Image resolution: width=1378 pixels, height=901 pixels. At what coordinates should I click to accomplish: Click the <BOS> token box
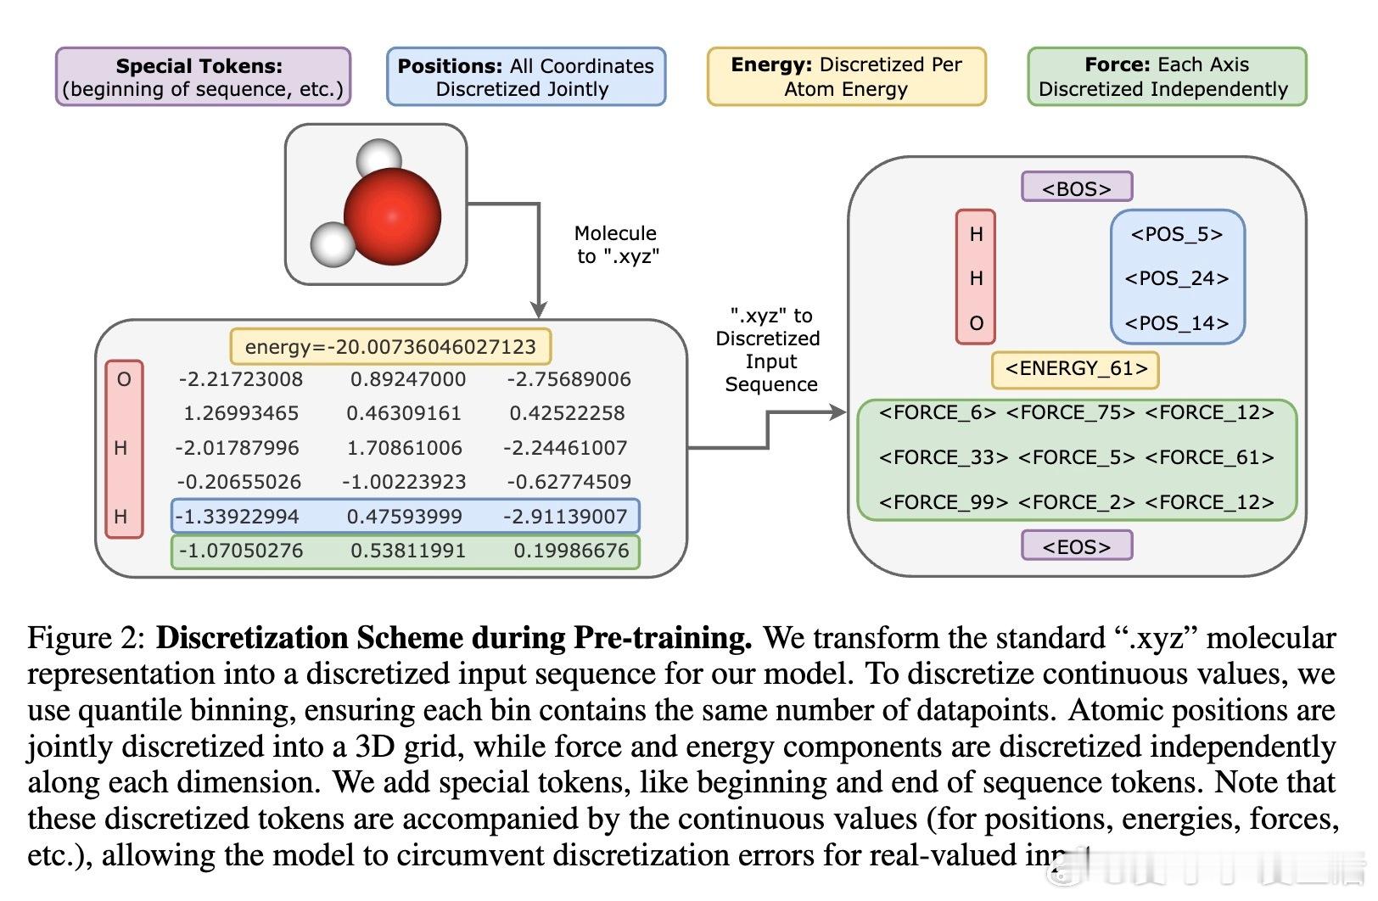tap(1076, 187)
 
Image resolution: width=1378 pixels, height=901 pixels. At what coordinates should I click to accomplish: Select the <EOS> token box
tap(1076, 546)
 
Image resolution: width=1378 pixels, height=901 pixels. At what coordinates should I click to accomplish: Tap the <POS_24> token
tap(1176, 278)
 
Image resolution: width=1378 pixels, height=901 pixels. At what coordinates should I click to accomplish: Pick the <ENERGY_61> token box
tap(1075, 368)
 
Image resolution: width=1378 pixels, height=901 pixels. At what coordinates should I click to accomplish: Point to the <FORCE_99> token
tap(943, 502)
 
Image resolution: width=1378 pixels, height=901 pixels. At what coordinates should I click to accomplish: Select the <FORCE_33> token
tap(943, 458)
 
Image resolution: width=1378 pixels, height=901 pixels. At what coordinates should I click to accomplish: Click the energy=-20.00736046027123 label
tap(390, 346)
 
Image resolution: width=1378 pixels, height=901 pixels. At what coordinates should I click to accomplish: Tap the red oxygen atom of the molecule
tap(392, 215)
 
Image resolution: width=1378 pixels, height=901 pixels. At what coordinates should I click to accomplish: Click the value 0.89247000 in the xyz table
tap(407, 379)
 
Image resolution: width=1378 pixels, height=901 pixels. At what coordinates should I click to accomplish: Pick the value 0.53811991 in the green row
tap(407, 551)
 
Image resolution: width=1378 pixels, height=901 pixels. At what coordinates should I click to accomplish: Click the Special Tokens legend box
tap(203, 77)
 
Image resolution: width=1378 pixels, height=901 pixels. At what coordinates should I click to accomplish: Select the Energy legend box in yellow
tap(846, 76)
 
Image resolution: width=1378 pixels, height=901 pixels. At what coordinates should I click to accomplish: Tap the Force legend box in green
tap(1166, 76)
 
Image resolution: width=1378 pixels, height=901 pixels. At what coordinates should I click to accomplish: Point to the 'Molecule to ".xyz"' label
tap(617, 244)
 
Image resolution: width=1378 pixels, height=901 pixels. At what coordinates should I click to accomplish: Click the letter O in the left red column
tap(124, 379)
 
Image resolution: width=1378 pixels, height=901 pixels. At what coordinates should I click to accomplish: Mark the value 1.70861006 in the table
tap(404, 447)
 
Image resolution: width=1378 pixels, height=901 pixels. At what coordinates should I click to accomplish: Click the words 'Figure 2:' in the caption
tap(87, 638)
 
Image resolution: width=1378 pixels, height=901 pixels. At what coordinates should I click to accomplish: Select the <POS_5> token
tap(1176, 234)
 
